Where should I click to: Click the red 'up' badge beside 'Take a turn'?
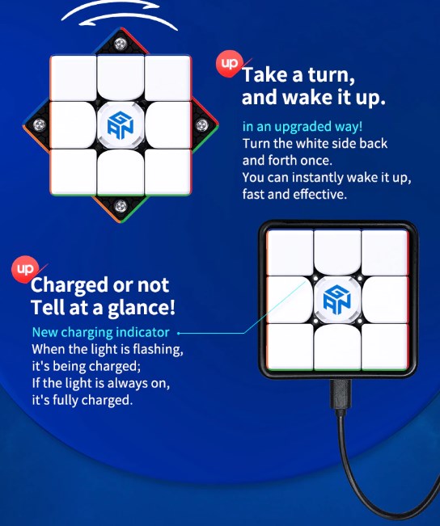pos(229,63)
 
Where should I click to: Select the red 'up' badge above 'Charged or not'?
pos(24,269)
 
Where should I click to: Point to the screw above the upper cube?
pos(121,44)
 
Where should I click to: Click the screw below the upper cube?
pos(121,206)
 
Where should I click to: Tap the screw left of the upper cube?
pos(39,125)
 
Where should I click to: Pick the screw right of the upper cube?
pos(202,125)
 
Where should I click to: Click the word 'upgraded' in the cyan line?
pos(302,127)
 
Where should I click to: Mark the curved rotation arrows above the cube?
pos(119,15)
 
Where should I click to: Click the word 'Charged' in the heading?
pos(70,285)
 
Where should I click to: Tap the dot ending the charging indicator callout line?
pos(179,333)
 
